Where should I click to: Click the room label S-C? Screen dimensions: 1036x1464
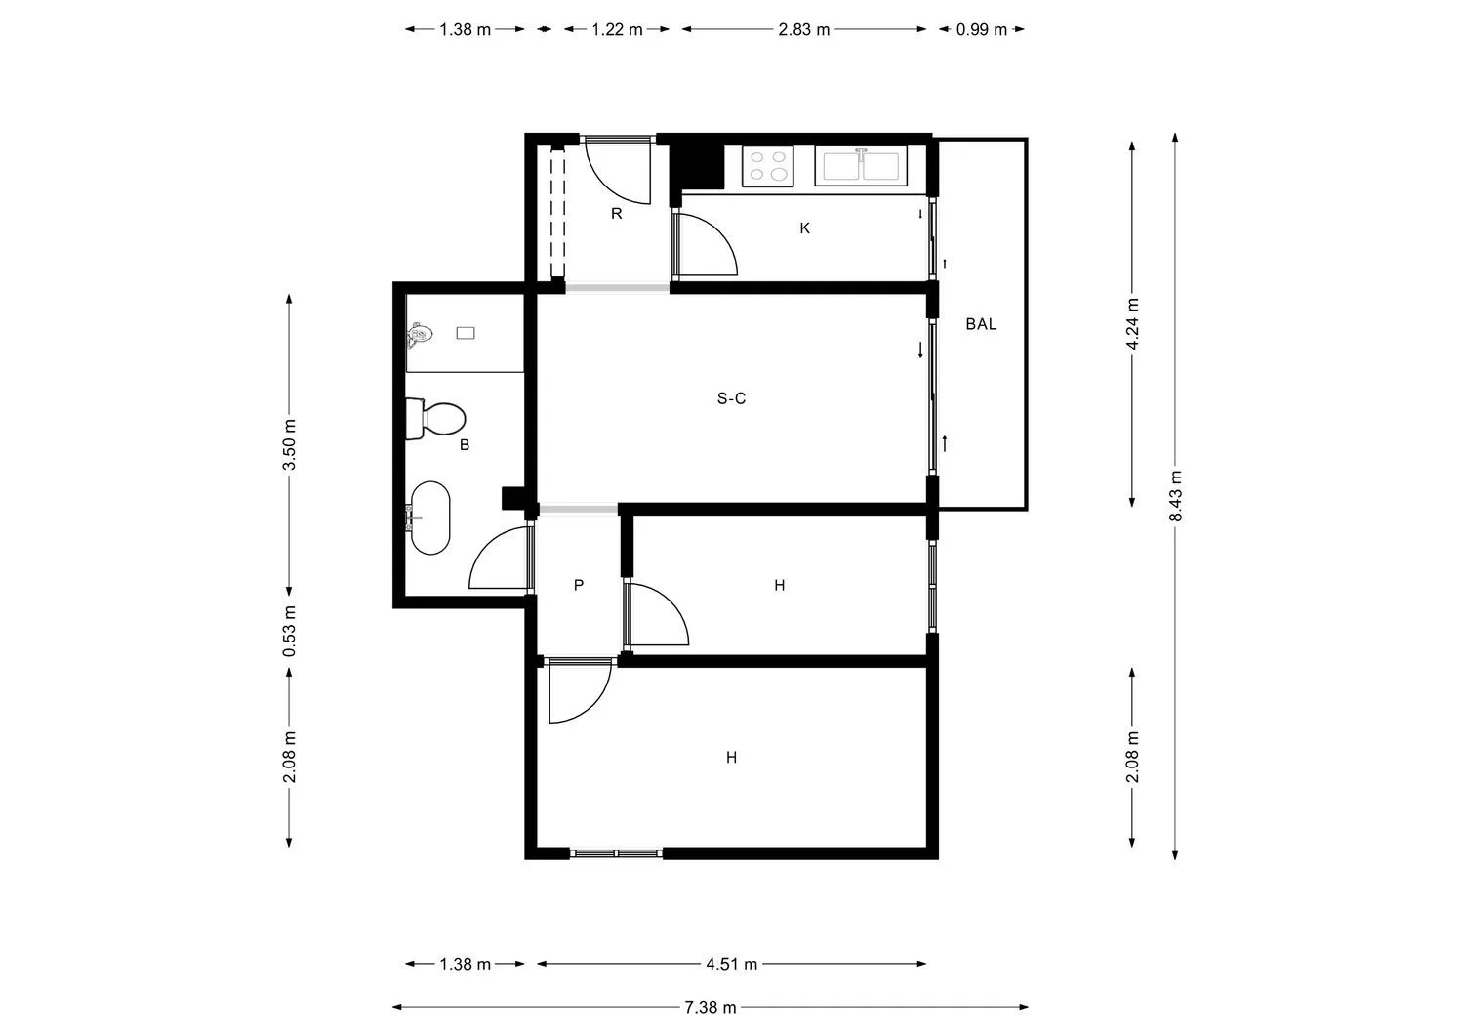731,398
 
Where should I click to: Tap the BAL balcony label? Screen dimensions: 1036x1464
981,324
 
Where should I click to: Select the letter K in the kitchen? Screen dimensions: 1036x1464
804,228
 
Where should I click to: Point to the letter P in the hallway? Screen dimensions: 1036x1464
579,586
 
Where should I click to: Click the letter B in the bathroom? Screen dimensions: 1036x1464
465,445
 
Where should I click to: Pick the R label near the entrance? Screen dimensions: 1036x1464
616,214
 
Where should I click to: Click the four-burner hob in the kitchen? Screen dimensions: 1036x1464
767,166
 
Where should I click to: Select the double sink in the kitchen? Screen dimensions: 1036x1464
861,166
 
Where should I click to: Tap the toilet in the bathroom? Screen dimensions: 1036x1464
435,419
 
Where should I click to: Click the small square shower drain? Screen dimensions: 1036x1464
466,334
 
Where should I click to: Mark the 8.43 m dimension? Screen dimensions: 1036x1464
1176,496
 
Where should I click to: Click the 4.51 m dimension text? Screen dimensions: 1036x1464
731,965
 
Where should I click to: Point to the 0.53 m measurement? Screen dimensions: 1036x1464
289,632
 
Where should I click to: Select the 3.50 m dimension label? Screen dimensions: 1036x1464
289,444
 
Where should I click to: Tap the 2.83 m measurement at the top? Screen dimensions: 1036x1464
803,29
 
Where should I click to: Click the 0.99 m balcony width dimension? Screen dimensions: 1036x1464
981,29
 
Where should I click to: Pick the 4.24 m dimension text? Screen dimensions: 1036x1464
1132,322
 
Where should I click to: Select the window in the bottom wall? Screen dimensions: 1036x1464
617,853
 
